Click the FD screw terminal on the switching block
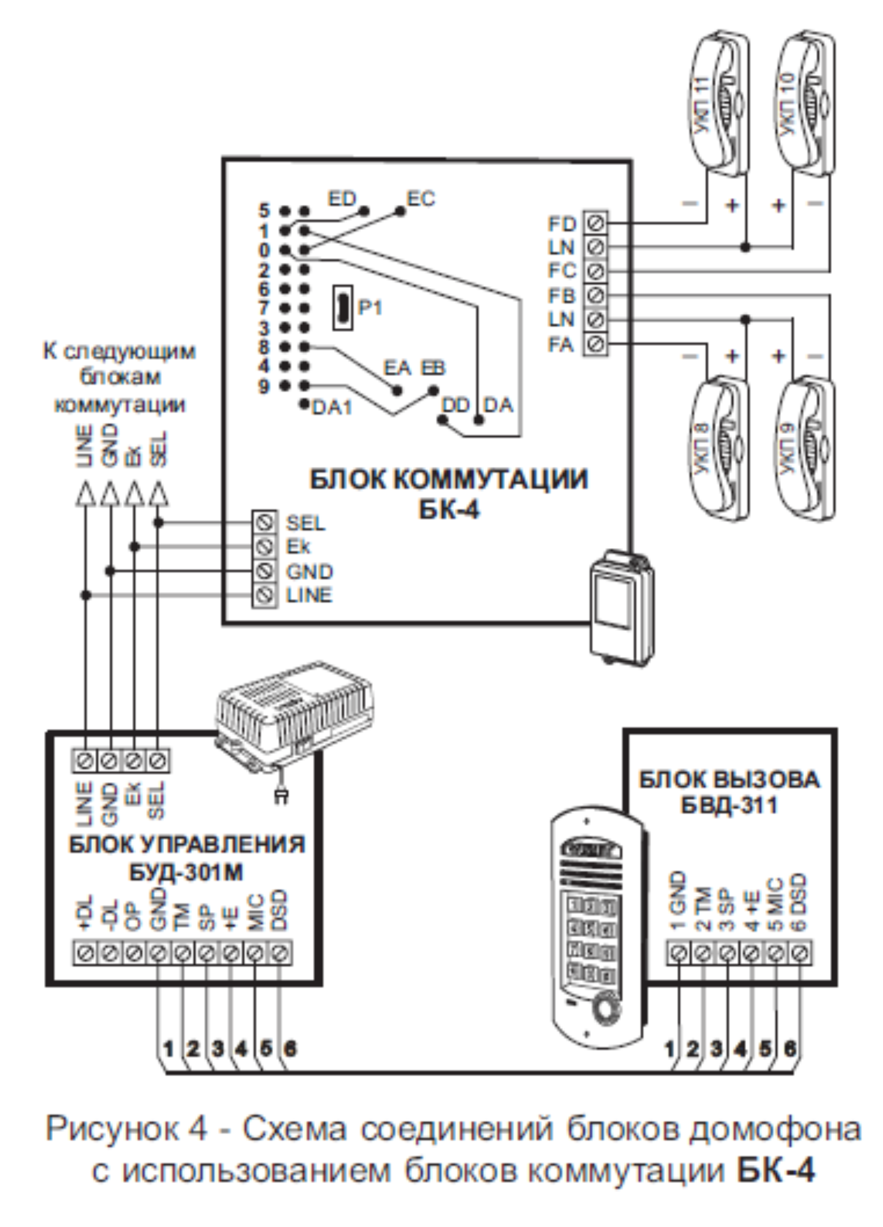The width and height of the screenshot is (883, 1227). (595, 223)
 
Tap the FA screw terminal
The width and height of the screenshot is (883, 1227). (595, 344)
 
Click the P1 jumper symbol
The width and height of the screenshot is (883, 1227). (343, 307)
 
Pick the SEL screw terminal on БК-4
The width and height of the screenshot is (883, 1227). (265, 523)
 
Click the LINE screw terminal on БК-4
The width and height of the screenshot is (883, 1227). (265, 595)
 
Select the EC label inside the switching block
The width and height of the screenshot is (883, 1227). (421, 199)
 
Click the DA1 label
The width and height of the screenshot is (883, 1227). (332, 408)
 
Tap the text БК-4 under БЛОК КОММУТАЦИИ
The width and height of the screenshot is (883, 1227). (448, 509)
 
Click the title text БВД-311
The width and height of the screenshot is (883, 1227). (729, 805)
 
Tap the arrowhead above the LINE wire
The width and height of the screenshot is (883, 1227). (85, 494)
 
